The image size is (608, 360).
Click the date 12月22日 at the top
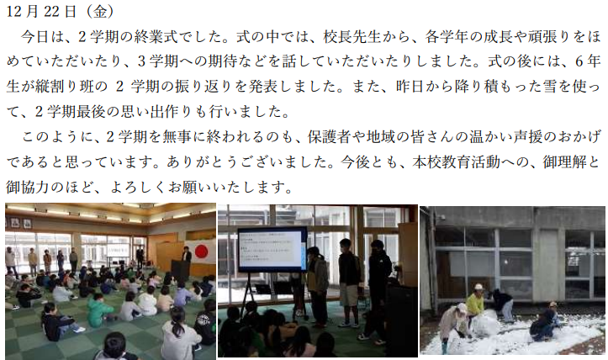(x=41, y=11)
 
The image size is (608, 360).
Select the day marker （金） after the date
(x=100, y=11)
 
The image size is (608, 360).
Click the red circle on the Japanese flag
(x=202, y=251)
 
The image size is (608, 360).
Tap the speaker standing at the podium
(x=187, y=260)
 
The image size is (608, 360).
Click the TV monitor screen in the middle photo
(x=271, y=249)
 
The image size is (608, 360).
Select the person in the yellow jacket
(x=475, y=301)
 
